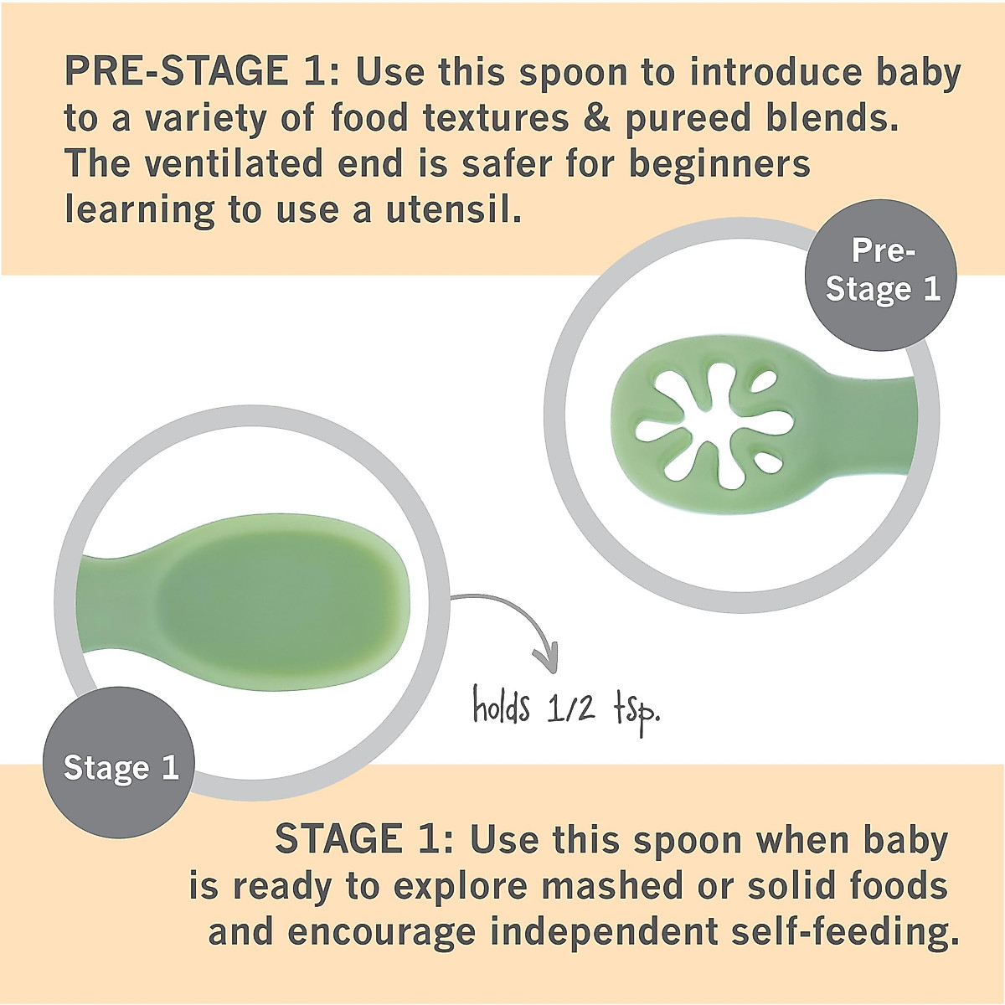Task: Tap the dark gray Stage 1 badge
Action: pyautogui.click(x=121, y=768)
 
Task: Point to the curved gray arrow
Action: pyautogui.click(x=511, y=624)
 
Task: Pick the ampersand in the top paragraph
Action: pyautogui.click(x=596, y=118)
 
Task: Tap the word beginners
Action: pyautogui.click(x=720, y=164)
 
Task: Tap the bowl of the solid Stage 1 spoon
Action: pyautogui.click(x=285, y=599)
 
